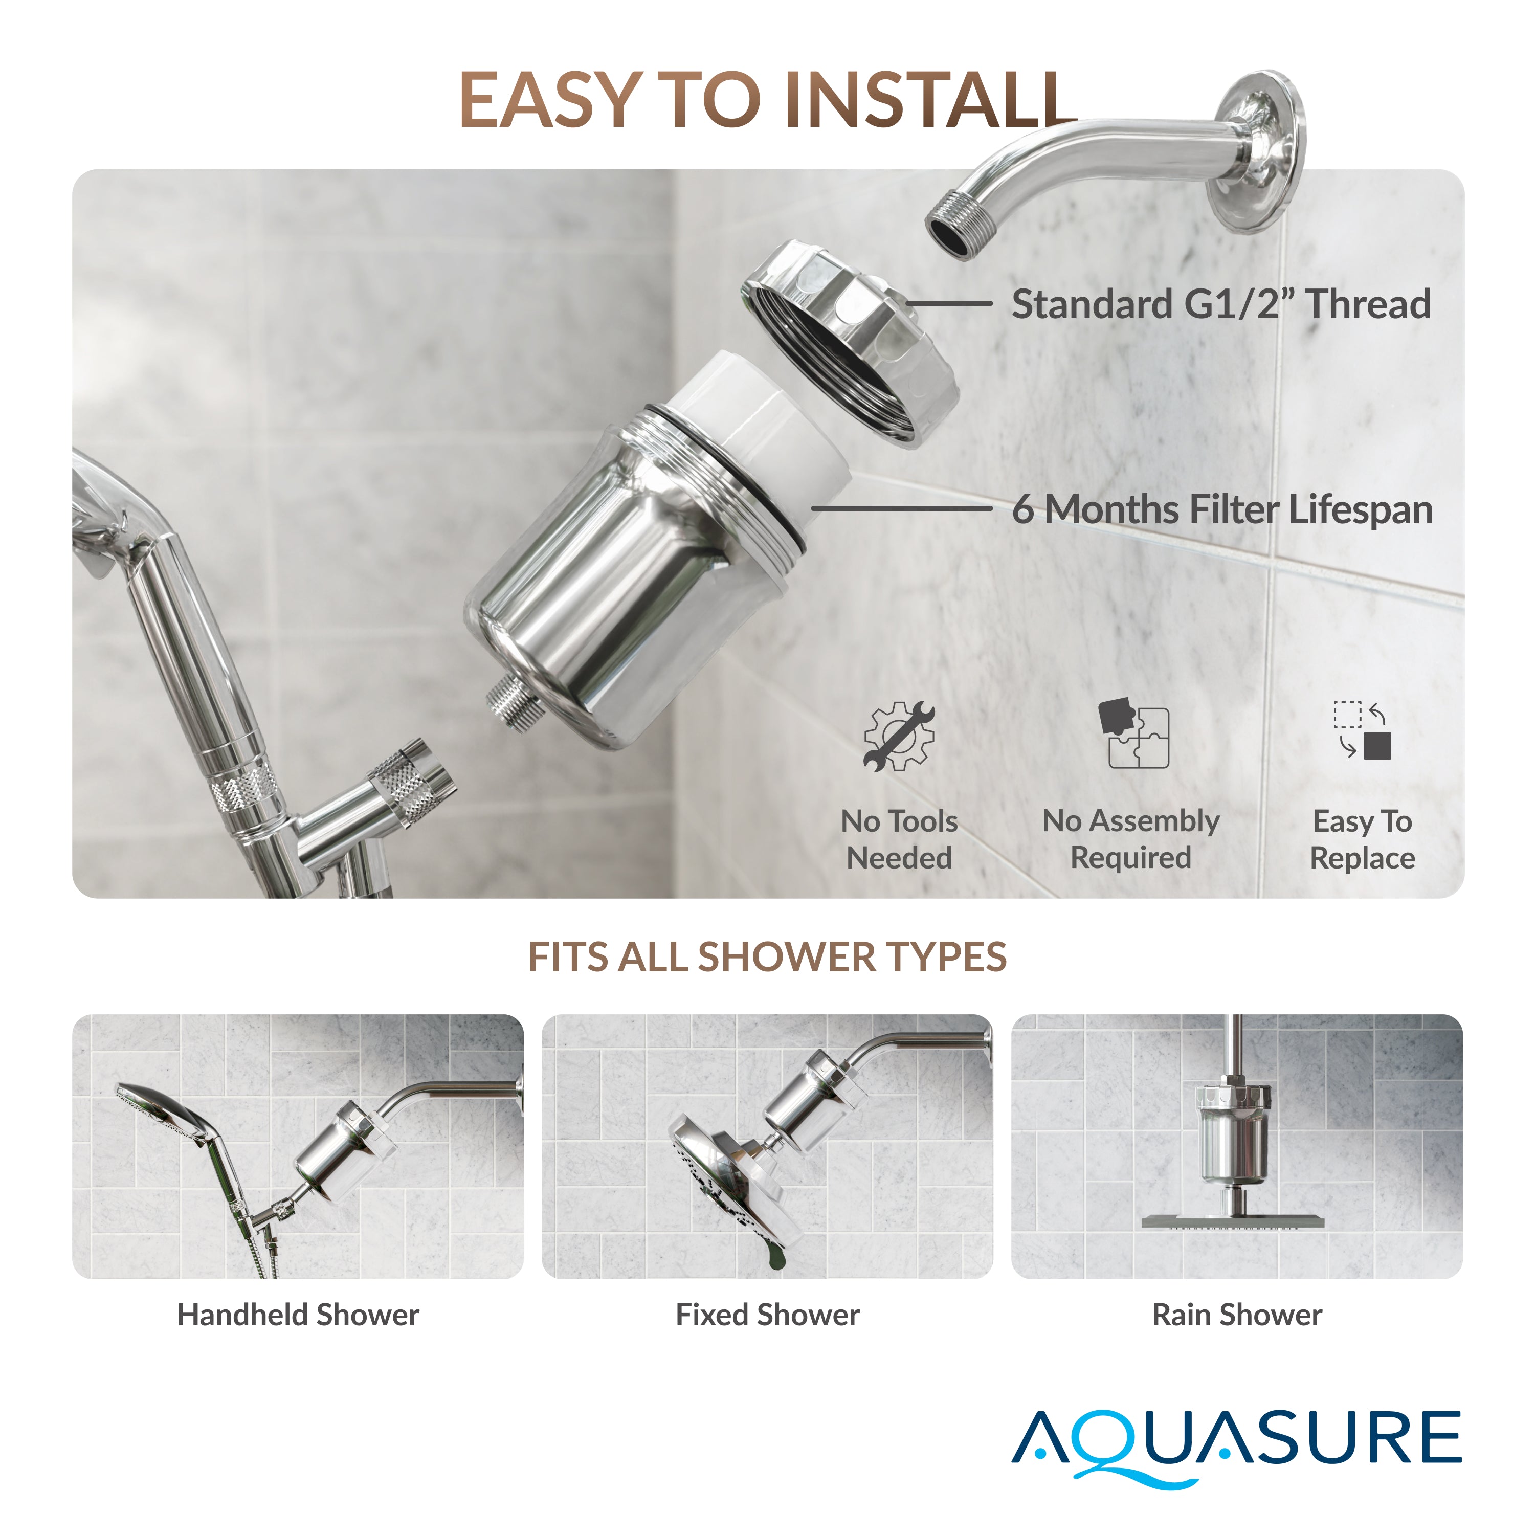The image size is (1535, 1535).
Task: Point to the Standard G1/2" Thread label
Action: [x=1220, y=304]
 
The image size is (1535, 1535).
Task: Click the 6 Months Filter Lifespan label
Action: [x=1222, y=509]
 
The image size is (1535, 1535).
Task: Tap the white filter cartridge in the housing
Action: [x=763, y=429]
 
